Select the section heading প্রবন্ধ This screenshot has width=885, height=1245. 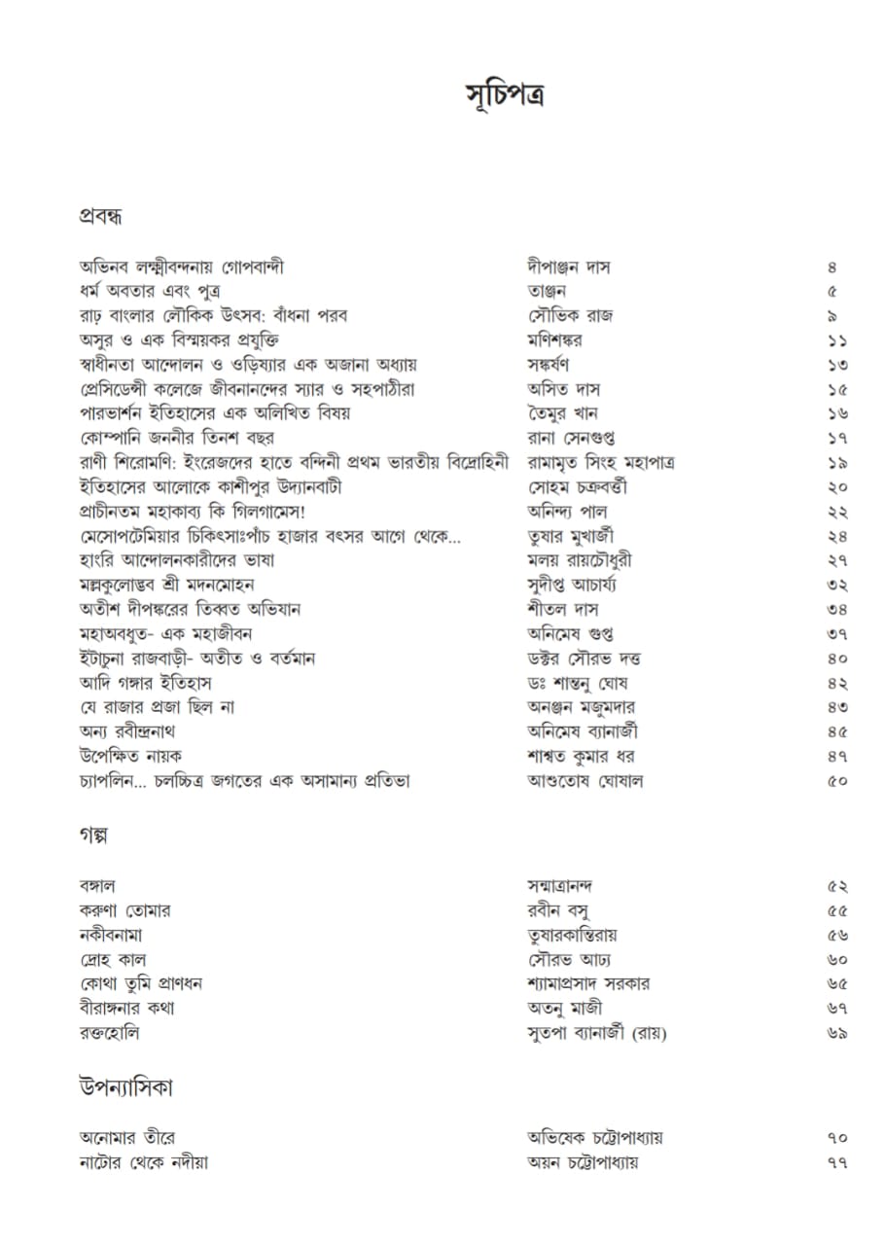pos(100,217)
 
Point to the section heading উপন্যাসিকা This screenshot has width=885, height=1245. pos(126,1088)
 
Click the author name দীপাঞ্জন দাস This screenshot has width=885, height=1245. pos(569,267)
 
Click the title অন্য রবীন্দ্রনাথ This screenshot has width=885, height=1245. pos(127,732)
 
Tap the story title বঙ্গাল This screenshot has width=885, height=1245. pos(98,886)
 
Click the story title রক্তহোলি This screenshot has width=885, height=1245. pos(110,1033)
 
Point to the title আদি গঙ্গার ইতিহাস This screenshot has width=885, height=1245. pos(146,684)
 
